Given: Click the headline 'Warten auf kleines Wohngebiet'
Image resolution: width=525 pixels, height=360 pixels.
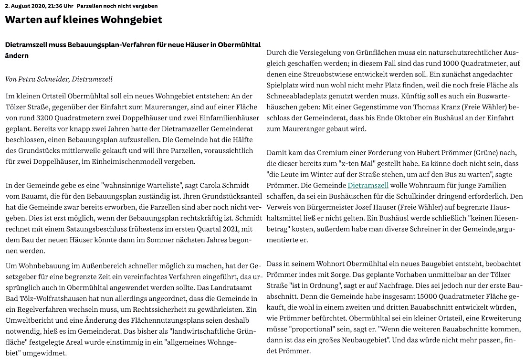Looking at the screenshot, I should point(84,20).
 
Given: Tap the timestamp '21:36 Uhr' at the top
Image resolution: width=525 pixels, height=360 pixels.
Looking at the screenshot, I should point(57,6).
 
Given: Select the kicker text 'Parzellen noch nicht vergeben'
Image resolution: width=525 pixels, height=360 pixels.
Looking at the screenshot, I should point(117,6).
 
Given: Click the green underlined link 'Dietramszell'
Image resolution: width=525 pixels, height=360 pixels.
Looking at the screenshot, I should point(368,185).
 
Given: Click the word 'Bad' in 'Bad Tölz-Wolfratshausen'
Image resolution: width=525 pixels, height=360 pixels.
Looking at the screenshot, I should point(11,297).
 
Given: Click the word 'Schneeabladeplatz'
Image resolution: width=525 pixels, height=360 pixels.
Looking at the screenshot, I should point(296,96).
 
